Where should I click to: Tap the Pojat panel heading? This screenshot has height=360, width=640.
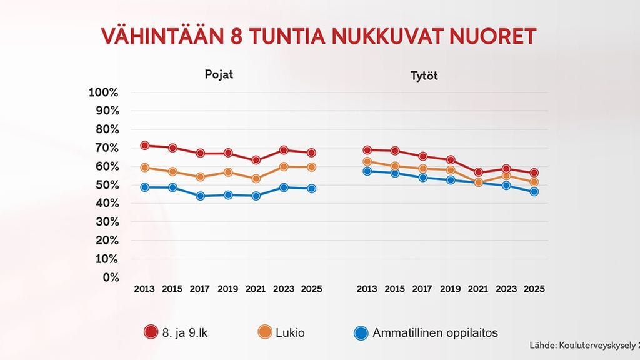(x=219, y=74)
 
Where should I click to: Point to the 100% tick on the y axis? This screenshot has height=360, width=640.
(x=104, y=92)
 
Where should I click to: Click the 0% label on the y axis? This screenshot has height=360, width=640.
(x=111, y=277)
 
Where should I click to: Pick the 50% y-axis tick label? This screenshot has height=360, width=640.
(x=107, y=185)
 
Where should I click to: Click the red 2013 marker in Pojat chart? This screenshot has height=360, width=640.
(x=144, y=146)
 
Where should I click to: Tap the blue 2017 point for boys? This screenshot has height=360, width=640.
(x=200, y=196)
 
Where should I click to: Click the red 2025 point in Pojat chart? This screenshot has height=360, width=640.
(x=311, y=152)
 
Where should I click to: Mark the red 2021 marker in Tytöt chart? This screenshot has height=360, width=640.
(x=478, y=172)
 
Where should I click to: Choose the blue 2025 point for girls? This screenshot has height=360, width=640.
(x=534, y=192)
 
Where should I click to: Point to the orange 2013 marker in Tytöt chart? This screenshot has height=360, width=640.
(x=367, y=162)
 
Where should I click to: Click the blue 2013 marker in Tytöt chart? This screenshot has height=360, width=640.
(x=367, y=171)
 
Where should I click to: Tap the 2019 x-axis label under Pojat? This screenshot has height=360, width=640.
(x=227, y=289)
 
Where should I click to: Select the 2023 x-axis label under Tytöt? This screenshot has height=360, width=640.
(x=506, y=289)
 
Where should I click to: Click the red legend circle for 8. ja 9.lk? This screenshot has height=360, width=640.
(x=151, y=333)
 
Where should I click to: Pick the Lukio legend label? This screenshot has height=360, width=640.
(x=290, y=333)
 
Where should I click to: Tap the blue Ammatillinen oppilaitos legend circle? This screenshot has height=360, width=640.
(x=361, y=333)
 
